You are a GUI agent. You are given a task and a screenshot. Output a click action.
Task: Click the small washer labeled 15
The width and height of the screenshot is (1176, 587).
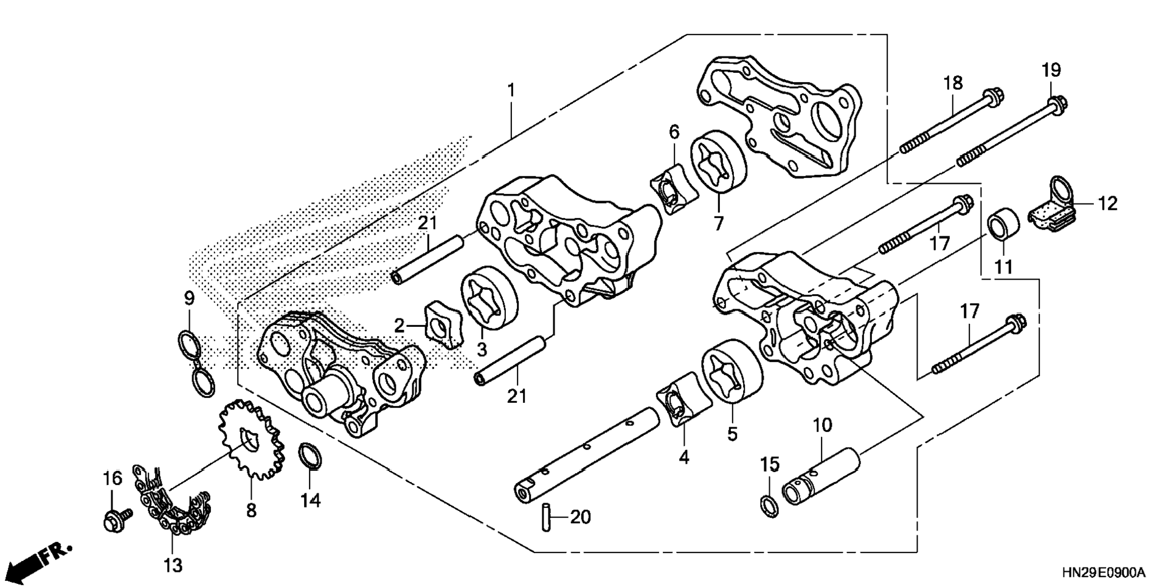(x=769, y=506)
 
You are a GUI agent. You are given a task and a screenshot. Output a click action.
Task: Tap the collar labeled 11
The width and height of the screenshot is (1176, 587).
(x=1005, y=226)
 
